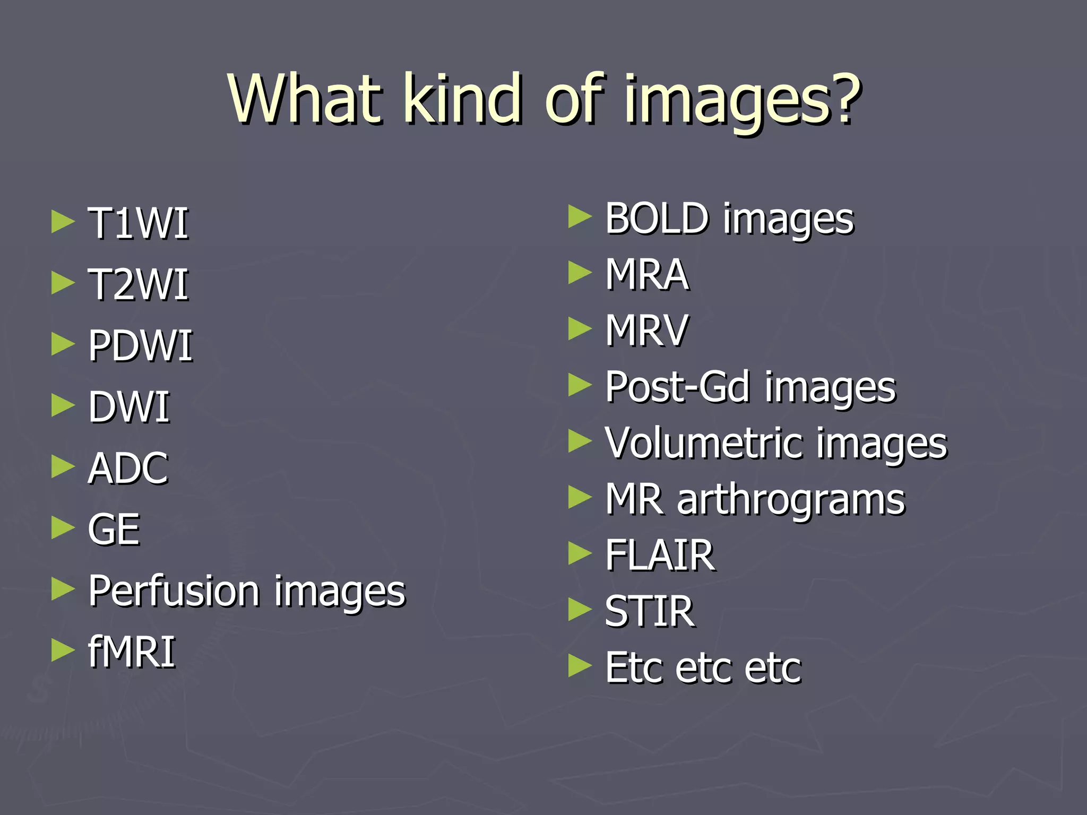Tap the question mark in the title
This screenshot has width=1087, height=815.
point(841,99)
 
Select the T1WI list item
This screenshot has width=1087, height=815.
point(138,224)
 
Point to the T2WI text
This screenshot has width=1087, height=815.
point(138,285)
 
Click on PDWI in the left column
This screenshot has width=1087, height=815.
point(140,346)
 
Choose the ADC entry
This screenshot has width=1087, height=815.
point(128,469)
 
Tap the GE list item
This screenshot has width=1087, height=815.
point(114,530)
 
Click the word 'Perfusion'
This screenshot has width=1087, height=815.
point(174,591)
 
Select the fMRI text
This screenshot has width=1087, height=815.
point(132,652)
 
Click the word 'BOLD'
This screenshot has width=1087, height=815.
point(657,218)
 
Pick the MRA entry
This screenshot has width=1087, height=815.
point(647,274)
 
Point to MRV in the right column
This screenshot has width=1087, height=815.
point(647,331)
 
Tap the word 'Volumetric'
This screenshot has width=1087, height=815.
point(704,443)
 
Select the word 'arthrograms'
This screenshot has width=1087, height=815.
point(791,500)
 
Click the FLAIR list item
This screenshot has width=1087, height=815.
point(660,556)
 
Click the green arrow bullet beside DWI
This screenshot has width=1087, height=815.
point(63,406)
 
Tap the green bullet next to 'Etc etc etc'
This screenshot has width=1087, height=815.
point(580,666)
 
